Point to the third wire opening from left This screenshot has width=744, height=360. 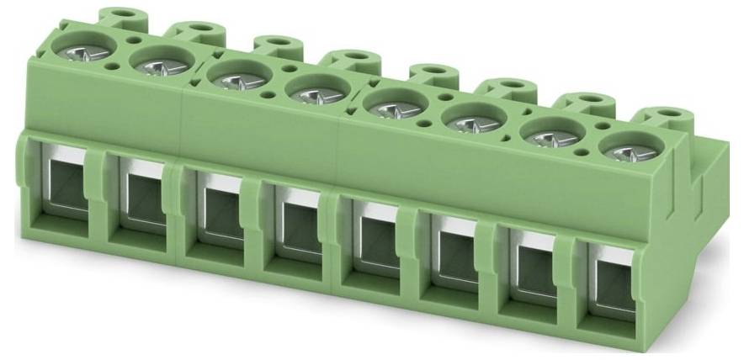tap(217, 214)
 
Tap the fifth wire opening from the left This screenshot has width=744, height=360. tap(373, 242)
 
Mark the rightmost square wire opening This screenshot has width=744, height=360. tap(608, 284)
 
